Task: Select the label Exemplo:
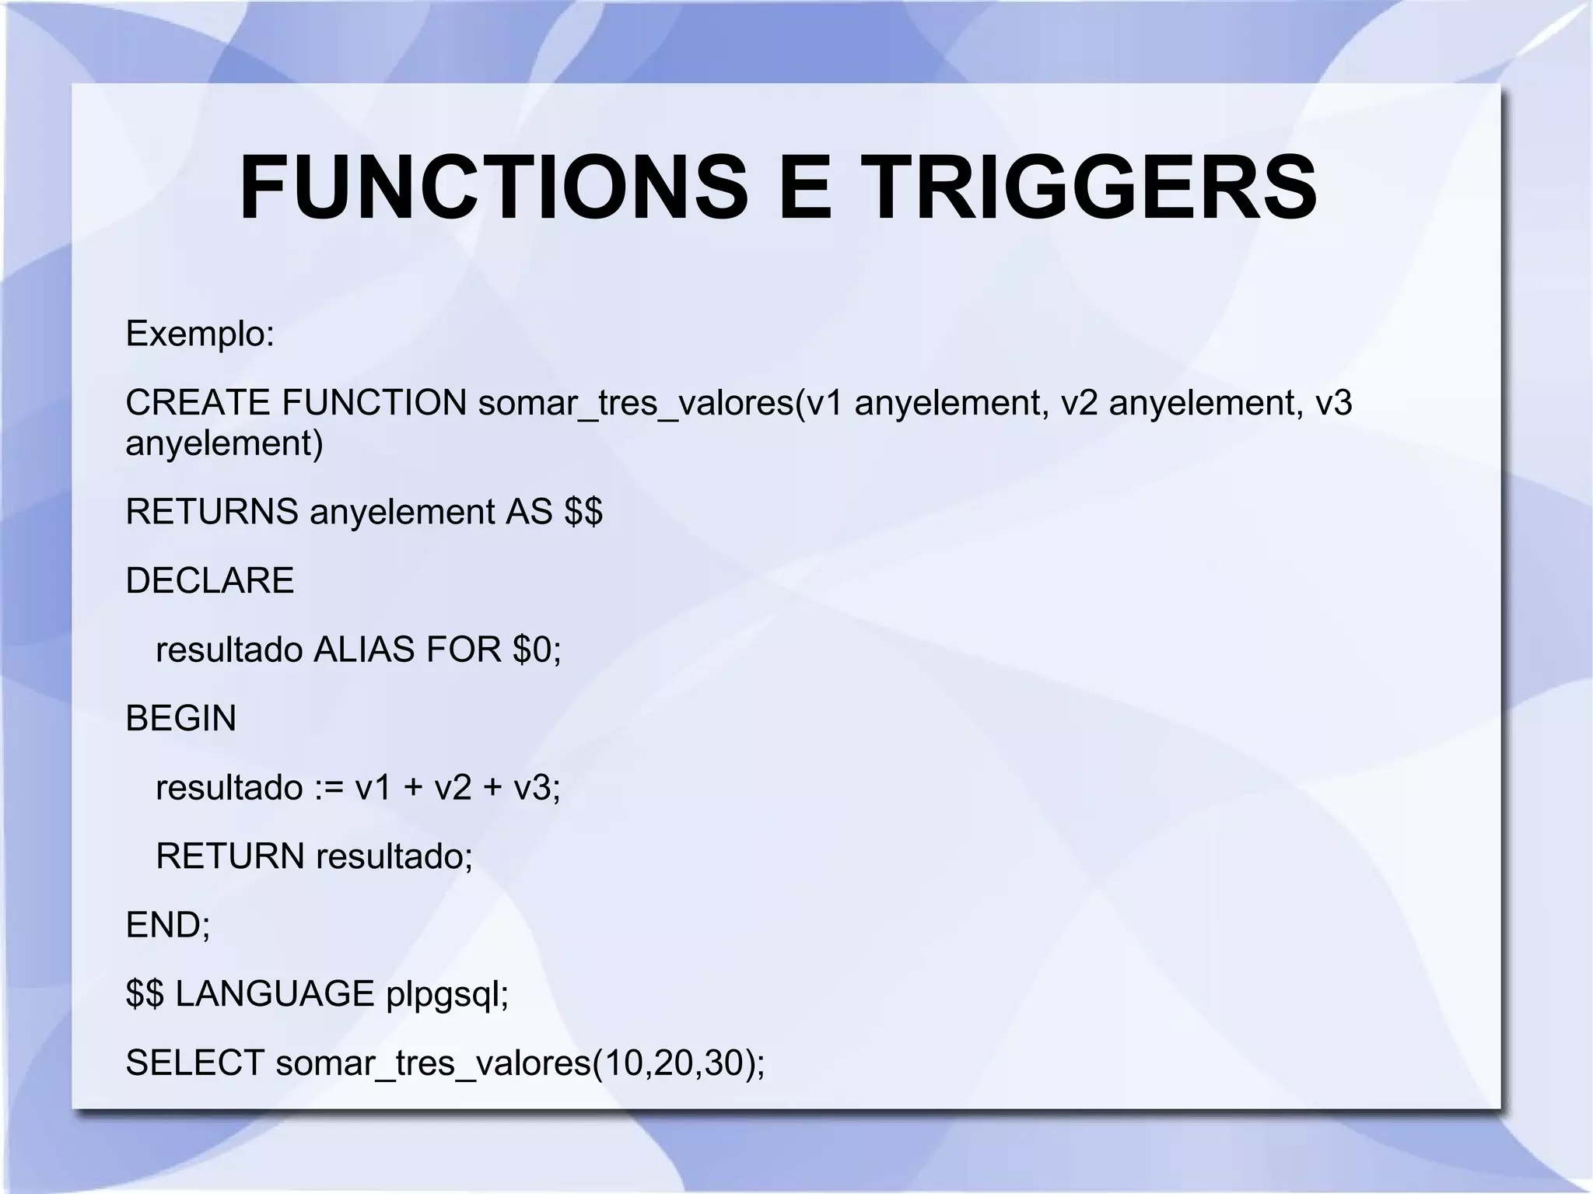click(x=200, y=334)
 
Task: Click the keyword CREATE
click(x=198, y=402)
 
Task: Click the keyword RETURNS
click(x=212, y=512)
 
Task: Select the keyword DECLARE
click(x=210, y=580)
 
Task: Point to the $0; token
click(x=537, y=650)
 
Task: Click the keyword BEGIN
click(x=180, y=718)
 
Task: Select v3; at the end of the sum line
click(x=537, y=787)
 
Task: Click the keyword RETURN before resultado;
click(x=230, y=856)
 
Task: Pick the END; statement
click(x=168, y=925)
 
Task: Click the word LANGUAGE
click(x=275, y=993)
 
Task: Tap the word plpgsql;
click(x=447, y=995)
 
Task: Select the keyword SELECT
click(x=194, y=1063)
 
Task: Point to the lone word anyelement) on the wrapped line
click(x=224, y=444)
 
